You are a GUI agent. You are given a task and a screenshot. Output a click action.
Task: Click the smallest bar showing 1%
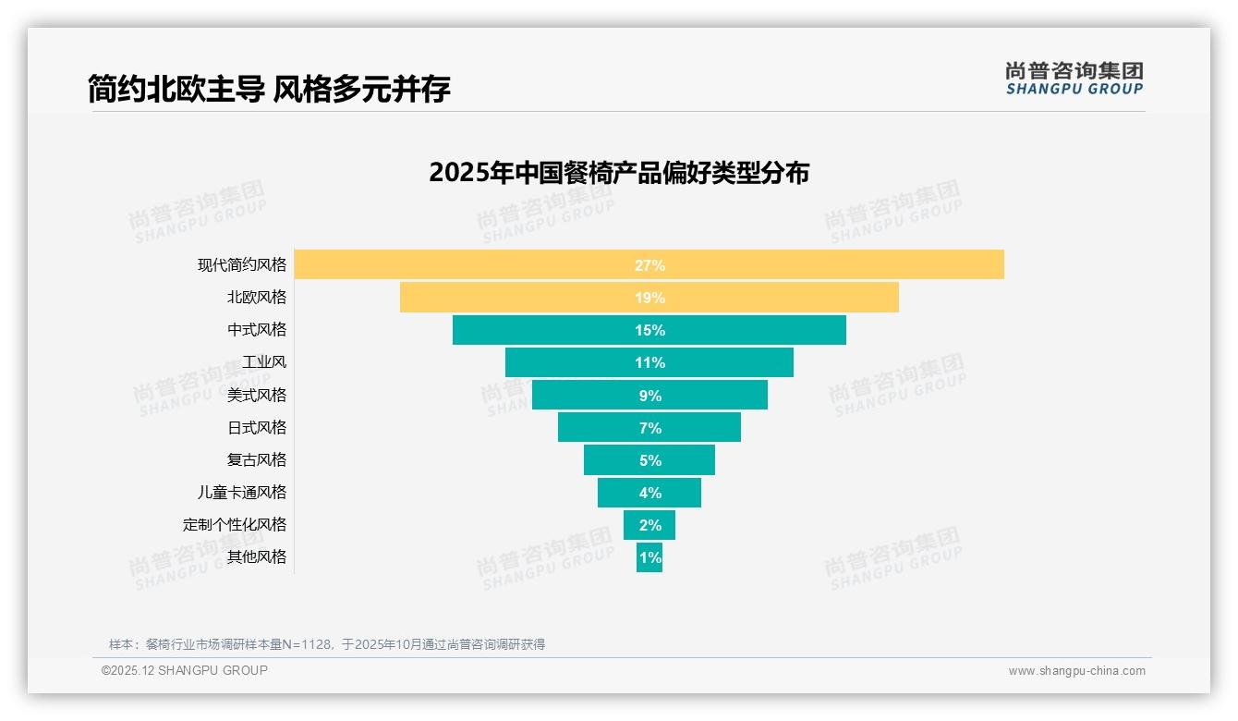[x=649, y=557]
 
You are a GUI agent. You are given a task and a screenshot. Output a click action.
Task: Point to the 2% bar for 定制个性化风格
[x=649, y=525]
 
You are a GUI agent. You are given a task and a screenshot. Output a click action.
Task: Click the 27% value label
[x=649, y=265]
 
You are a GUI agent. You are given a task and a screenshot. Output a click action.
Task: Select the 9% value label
[x=649, y=396]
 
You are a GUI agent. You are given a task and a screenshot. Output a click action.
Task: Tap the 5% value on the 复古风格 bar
[x=649, y=460]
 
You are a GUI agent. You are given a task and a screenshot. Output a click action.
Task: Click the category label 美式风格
[x=257, y=395]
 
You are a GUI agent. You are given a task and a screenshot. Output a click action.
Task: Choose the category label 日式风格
[x=257, y=427]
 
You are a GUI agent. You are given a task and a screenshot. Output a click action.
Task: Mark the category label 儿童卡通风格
[x=242, y=492]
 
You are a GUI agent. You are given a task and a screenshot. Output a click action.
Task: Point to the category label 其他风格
[x=257, y=556]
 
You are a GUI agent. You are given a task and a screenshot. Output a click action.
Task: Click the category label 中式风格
[x=257, y=329]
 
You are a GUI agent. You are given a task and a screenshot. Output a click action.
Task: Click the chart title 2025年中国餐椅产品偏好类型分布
[x=618, y=173]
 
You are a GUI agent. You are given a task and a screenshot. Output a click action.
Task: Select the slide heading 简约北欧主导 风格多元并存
[x=269, y=89]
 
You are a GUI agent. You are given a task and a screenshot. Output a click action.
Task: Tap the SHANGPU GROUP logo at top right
[x=1074, y=79]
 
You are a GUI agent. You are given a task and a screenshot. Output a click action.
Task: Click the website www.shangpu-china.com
[x=1076, y=671]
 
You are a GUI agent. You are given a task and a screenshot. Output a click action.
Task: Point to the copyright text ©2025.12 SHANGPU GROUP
[x=184, y=670]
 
